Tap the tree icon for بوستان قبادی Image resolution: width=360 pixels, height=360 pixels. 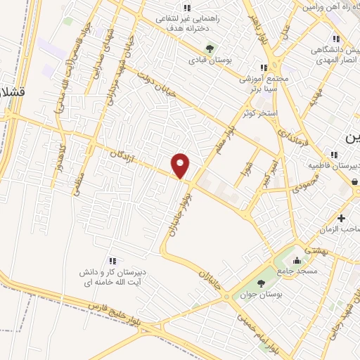(x=209, y=48)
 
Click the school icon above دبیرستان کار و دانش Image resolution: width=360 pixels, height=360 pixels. (x=112, y=261)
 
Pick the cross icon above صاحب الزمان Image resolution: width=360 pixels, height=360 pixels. (x=342, y=218)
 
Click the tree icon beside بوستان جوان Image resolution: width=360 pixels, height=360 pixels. (x=261, y=283)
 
